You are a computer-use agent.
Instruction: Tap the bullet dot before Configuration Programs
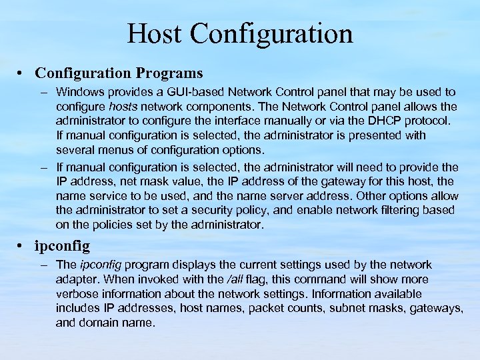pyautogui.click(x=23, y=72)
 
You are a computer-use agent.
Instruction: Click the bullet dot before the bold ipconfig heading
pyautogui.click(x=23, y=247)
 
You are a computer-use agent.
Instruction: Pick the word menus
pyautogui.click(x=115, y=151)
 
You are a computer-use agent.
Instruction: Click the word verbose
pyautogui.click(x=77, y=294)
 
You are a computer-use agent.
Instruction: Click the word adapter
pyautogui.click(x=77, y=279)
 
